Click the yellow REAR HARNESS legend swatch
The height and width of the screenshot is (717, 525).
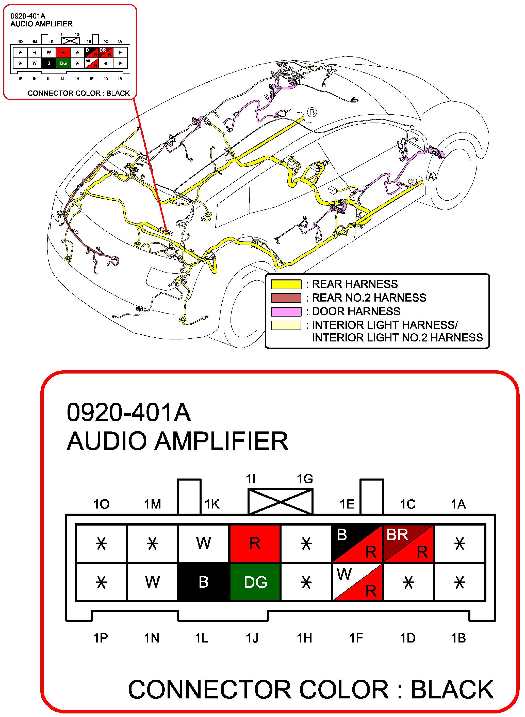(x=286, y=284)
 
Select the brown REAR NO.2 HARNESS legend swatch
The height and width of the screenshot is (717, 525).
(x=286, y=297)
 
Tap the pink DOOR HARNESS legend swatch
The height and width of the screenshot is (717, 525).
(x=286, y=311)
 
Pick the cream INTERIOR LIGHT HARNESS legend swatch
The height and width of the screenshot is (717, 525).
(x=286, y=325)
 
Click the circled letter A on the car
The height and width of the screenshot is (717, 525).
(x=431, y=177)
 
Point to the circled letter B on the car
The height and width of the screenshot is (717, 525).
(x=312, y=112)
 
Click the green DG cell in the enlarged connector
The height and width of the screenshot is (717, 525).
(x=255, y=582)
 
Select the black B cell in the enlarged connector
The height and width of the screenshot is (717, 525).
(x=203, y=582)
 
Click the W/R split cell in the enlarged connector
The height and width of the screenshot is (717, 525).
(x=357, y=582)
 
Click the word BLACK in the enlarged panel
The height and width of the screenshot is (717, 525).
(x=452, y=689)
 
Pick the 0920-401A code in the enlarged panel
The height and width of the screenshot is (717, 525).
(x=129, y=412)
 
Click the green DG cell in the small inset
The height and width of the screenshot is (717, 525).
(x=63, y=63)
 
